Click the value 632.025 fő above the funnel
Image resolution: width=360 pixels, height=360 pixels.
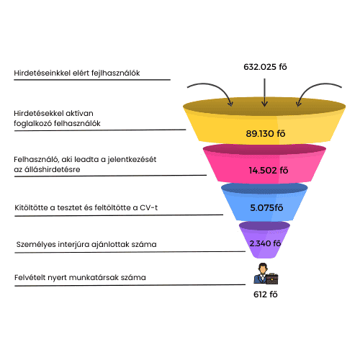pyautogui.click(x=265, y=67)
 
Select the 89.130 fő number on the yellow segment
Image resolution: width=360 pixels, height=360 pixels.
pyautogui.click(x=266, y=133)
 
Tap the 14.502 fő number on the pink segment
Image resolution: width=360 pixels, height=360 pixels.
pyautogui.click(x=269, y=171)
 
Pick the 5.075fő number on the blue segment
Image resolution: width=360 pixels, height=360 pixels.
pyautogui.click(x=266, y=207)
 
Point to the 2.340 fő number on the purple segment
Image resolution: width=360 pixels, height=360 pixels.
pyautogui.click(x=265, y=243)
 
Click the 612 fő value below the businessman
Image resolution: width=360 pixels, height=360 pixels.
pyautogui.click(x=266, y=294)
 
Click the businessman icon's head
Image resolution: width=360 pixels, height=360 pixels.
pyautogui.click(x=263, y=268)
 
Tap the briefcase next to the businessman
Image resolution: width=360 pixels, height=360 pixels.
pyautogui.click(x=271, y=279)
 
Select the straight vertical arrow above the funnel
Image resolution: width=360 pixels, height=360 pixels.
pyautogui.click(x=264, y=92)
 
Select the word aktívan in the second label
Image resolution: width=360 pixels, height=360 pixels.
pyautogui.click(x=77, y=113)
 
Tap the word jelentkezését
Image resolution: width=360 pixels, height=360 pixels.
pyautogui.click(x=132, y=160)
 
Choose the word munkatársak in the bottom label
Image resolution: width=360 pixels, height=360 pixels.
pyautogui.click(x=95, y=278)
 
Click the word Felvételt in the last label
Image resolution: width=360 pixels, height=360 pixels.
pyautogui.click(x=30, y=278)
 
